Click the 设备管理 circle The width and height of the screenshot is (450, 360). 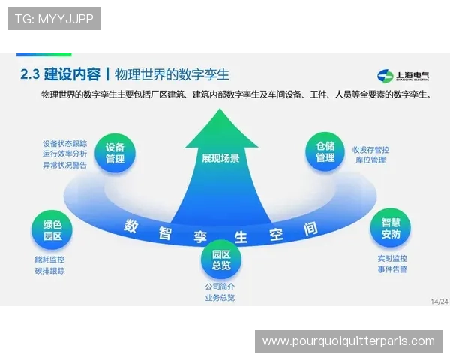115,153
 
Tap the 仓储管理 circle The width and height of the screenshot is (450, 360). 325,152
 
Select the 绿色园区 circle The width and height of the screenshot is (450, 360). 52,229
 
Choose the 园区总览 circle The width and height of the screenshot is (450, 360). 221,259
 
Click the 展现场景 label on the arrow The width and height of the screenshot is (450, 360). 220,158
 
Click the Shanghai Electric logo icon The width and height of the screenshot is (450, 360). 385,75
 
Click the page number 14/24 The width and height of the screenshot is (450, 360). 439,301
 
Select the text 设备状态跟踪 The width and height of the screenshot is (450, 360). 65,142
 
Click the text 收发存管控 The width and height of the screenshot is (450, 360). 370,149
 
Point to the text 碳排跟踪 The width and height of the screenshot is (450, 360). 50,270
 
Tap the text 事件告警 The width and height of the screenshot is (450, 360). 392,269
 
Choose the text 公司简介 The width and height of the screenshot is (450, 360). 220,286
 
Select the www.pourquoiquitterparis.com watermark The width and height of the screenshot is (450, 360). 348,341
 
